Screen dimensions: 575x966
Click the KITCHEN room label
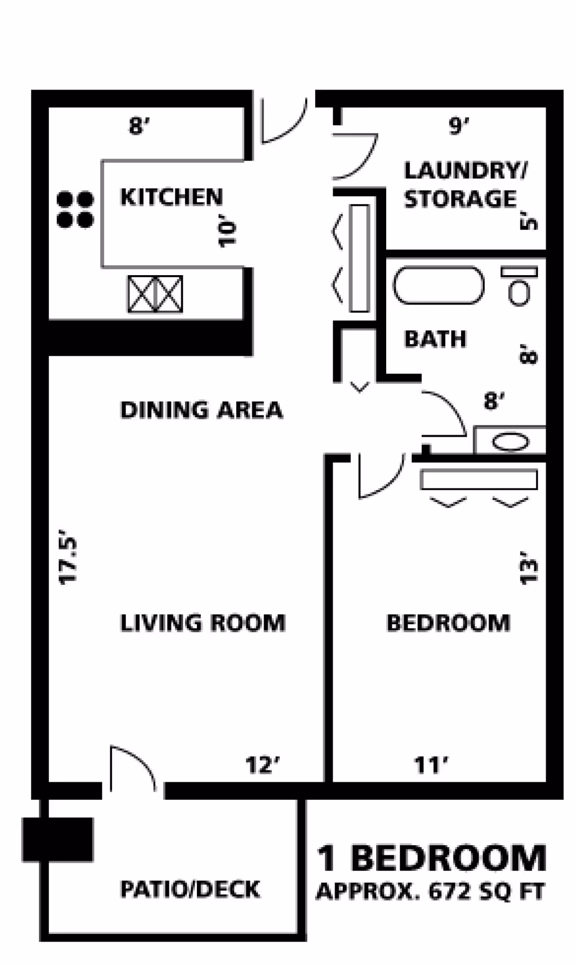(172, 197)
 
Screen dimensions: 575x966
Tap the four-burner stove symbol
(75, 209)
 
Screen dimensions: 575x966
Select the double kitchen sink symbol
(155, 294)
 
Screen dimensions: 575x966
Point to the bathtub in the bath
(438, 285)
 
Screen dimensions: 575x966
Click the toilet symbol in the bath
(519, 286)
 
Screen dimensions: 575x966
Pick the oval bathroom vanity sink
(511, 442)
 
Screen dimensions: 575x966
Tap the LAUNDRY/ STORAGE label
(465, 185)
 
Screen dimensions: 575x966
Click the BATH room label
(435, 339)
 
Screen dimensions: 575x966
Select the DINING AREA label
(201, 410)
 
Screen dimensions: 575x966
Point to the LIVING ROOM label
(203, 623)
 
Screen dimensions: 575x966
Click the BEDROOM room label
(448, 623)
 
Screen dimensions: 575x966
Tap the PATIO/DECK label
(190, 890)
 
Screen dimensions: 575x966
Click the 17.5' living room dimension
(68, 557)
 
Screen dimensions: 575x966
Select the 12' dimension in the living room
(263, 765)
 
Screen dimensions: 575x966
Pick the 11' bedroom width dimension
(431, 765)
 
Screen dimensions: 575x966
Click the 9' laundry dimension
(459, 126)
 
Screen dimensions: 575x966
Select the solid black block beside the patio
(57, 839)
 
